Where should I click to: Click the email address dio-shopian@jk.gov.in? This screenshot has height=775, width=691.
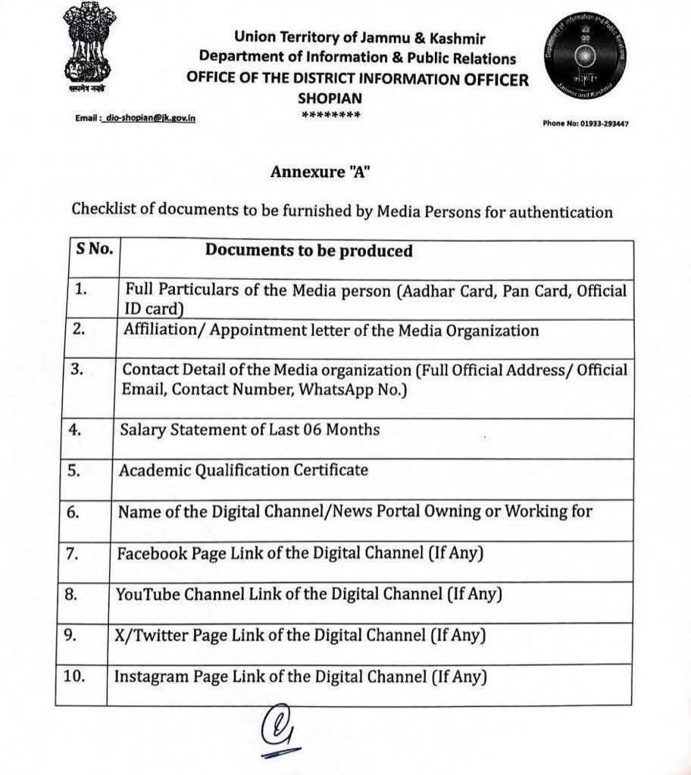(151, 118)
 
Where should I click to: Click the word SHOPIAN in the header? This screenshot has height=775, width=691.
(330, 98)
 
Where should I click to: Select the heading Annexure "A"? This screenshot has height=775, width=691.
(320, 172)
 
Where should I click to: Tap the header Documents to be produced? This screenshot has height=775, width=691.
(308, 251)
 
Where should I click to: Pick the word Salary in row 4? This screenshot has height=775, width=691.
(142, 430)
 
